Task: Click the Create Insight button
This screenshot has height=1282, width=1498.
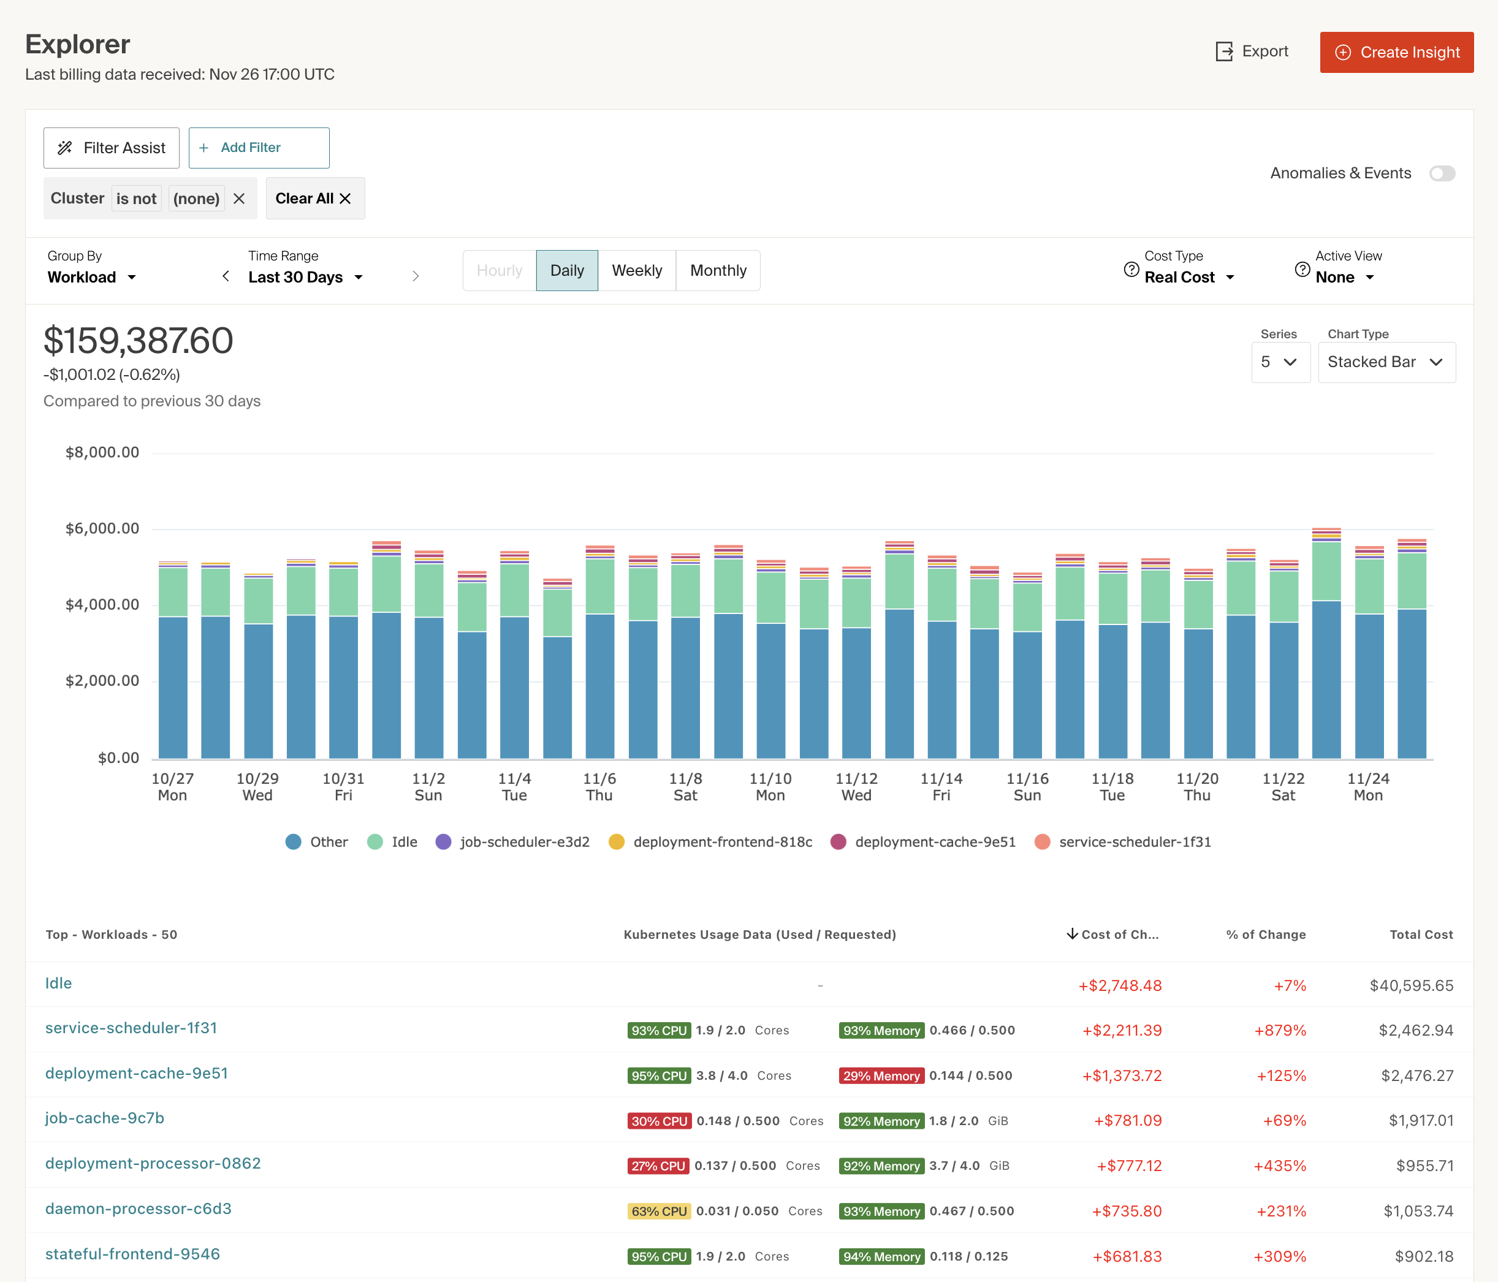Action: pyautogui.click(x=1396, y=52)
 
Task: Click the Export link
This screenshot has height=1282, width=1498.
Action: pyautogui.click(x=1252, y=51)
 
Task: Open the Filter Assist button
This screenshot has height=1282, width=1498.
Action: pyautogui.click(x=112, y=148)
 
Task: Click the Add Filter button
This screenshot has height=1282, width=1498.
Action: pyautogui.click(x=259, y=148)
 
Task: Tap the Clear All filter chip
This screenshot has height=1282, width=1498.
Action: pyautogui.click(x=314, y=198)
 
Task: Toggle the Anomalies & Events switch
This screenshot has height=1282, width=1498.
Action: pyautogui.click(x=1442, y=173)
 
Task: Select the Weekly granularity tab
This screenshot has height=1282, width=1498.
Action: pyautogui.click(x=636, y=270)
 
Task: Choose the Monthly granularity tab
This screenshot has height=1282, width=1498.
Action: pyautogui.click(x=718, y=270)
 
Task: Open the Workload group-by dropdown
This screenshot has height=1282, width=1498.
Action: pyautogui.click(x=91, y=278)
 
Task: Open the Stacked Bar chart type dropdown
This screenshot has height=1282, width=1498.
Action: pyautogui.click(x=1386, y=362)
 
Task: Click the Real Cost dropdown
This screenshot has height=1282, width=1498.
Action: pyautogui.click(x=1188, y=278)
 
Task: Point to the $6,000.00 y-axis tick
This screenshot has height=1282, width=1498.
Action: pyautogui.click(x=102, y=528)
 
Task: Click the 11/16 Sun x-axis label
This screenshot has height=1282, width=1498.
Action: pyautogui.click(x=1027, y=786)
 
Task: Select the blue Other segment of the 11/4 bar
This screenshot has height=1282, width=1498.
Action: pyautogui.click(x=514, y=686)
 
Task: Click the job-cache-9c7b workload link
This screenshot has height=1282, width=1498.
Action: pyautogui.click(x=105, y=1118)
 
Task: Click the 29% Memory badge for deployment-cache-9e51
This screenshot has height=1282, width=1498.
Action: pyautogui.click(x=881, y=1076)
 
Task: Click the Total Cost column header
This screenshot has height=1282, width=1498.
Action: pyautogui.click(x=1421, y=935)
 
